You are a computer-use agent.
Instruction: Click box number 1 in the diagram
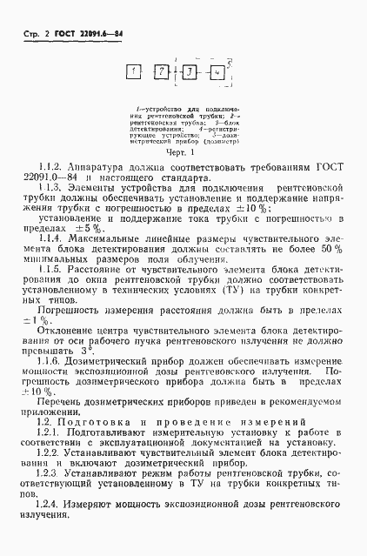coord(136,73)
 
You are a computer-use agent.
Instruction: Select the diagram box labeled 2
coord(162,73)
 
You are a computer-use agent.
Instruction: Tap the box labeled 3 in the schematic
coord(189,73)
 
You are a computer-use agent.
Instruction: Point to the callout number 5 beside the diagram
coord(228,63)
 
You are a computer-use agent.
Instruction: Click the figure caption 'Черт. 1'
coord(183,149)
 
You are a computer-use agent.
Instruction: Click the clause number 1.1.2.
coord(53,165)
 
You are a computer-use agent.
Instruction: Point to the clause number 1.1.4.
coord(53,237)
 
